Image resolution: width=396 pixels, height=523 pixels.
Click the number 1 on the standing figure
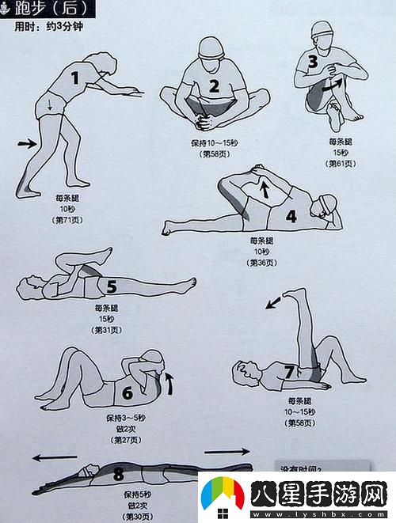[76, 78]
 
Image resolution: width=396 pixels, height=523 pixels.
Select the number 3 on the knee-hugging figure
[313, 60]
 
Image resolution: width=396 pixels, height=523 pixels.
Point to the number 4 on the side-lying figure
[291, 215]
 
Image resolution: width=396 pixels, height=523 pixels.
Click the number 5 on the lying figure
[112, 286]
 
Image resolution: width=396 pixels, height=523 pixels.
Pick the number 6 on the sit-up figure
[128, 392]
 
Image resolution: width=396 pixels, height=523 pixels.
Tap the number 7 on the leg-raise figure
[289, 371]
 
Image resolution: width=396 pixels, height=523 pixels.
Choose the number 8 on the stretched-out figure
[119, 474]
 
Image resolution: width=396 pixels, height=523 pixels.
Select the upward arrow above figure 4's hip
[265, 188]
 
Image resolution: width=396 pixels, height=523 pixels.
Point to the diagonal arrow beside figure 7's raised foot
[272, 301]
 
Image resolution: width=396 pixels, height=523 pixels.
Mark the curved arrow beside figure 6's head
[168, 384]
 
